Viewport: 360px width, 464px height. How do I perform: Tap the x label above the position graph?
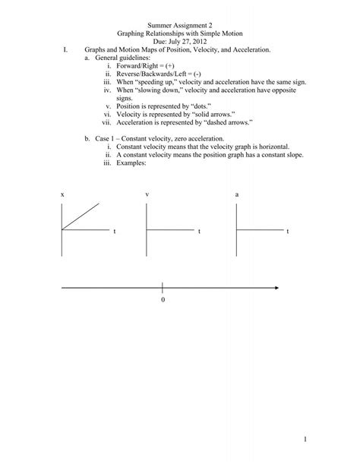(63, 195)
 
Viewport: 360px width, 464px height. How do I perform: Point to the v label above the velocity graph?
(148, 195)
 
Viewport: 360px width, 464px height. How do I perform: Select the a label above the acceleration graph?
(237, 195)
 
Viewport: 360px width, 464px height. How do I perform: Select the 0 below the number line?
(163, 300)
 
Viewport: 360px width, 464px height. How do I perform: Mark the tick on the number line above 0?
(163, 288)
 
